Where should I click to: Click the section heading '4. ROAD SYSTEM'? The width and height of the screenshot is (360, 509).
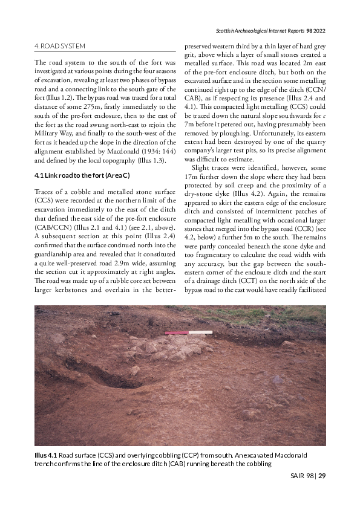point(60,46)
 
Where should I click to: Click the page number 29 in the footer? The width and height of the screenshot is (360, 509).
point(322,476)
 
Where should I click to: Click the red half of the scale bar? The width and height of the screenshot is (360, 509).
point(177,332)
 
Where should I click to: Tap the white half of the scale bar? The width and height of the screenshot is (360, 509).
point(201,332)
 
